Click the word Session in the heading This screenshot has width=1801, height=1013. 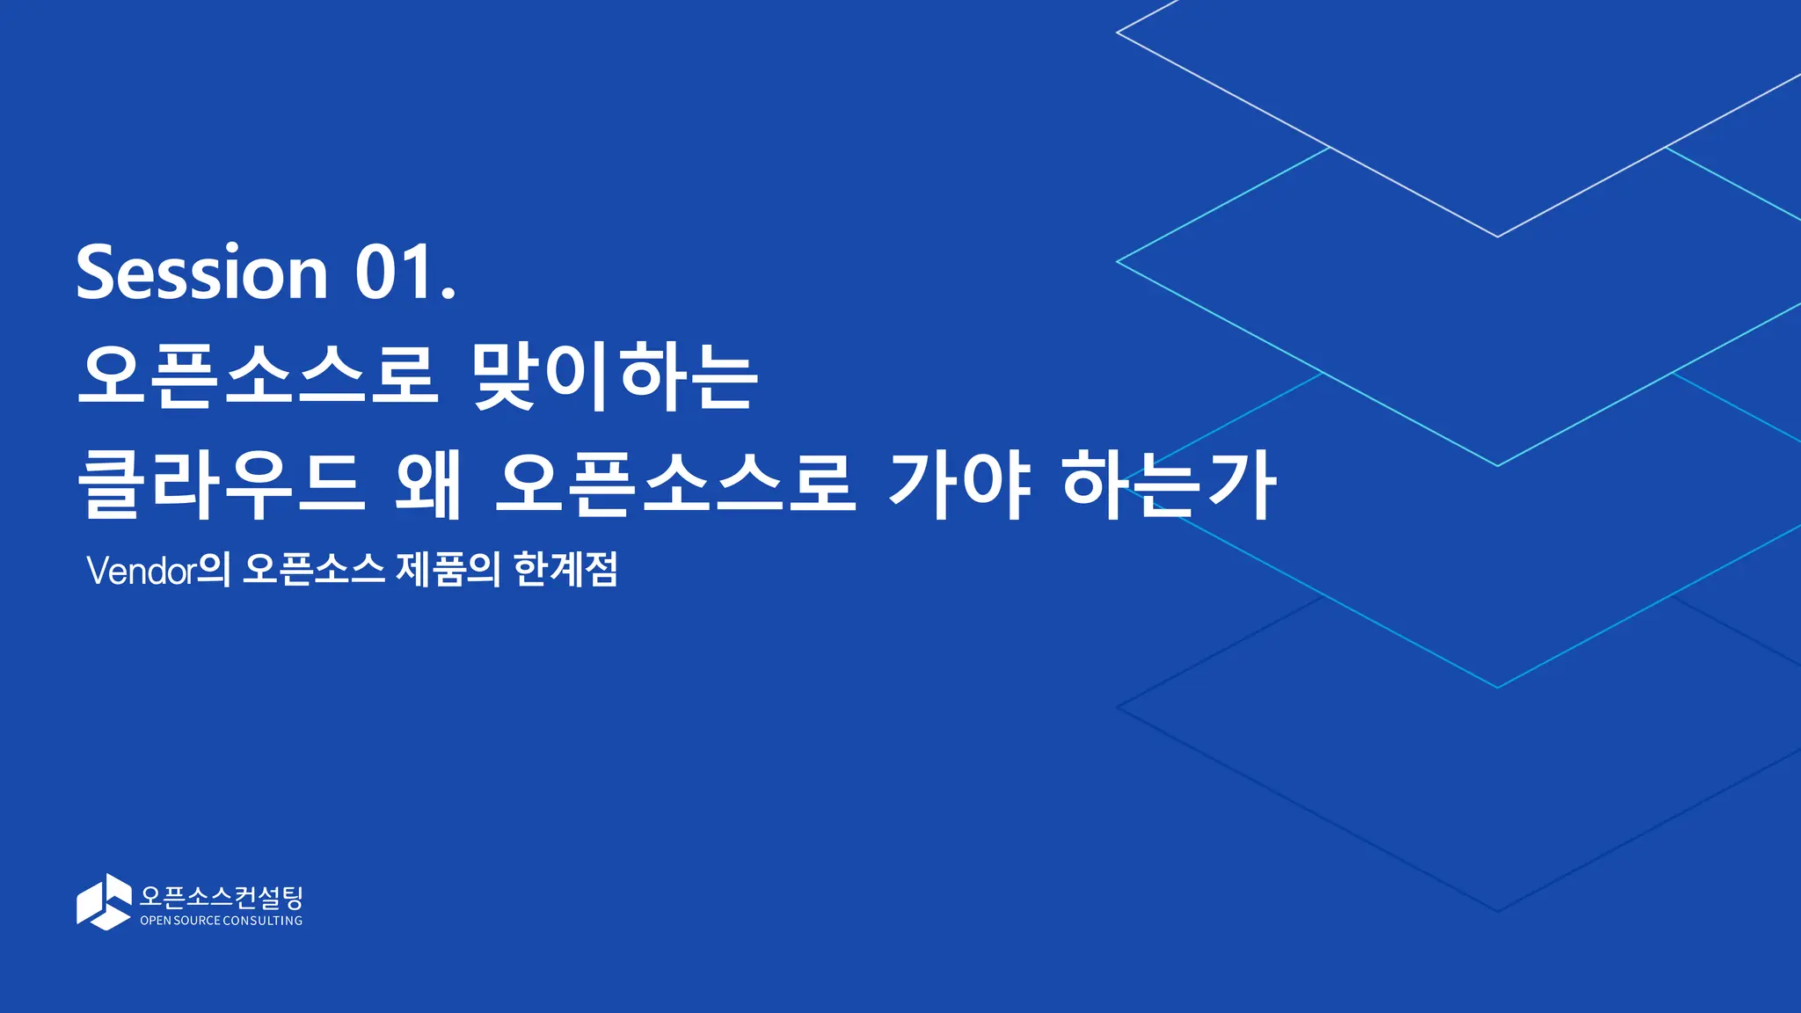201,273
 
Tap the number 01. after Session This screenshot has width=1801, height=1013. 405,273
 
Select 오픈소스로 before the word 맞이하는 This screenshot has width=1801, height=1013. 258,375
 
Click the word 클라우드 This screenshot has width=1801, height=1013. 221,483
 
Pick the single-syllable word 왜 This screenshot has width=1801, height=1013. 428,483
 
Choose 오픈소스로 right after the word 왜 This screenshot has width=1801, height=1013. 674,483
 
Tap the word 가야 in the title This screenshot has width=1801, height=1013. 959,483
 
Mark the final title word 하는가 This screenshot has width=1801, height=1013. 1169,483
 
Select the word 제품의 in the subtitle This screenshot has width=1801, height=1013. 448,570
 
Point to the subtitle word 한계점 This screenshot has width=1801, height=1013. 565,570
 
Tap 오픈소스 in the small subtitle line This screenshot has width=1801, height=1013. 314,570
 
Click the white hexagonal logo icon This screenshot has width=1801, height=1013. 104,901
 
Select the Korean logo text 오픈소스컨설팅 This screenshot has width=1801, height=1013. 222,897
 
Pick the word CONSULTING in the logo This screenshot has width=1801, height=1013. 262,921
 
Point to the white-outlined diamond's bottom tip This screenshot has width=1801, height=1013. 1498,237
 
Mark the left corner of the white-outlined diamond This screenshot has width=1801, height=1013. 1118,33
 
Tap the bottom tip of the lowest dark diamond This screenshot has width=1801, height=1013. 1498,911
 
